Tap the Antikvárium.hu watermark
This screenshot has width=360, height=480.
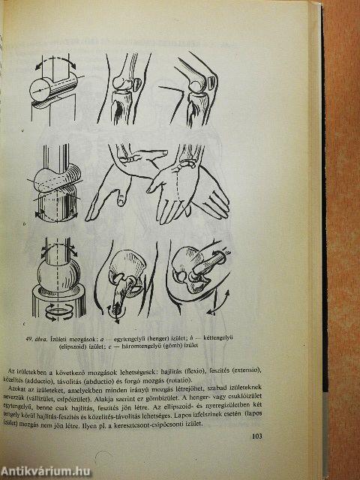47,470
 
